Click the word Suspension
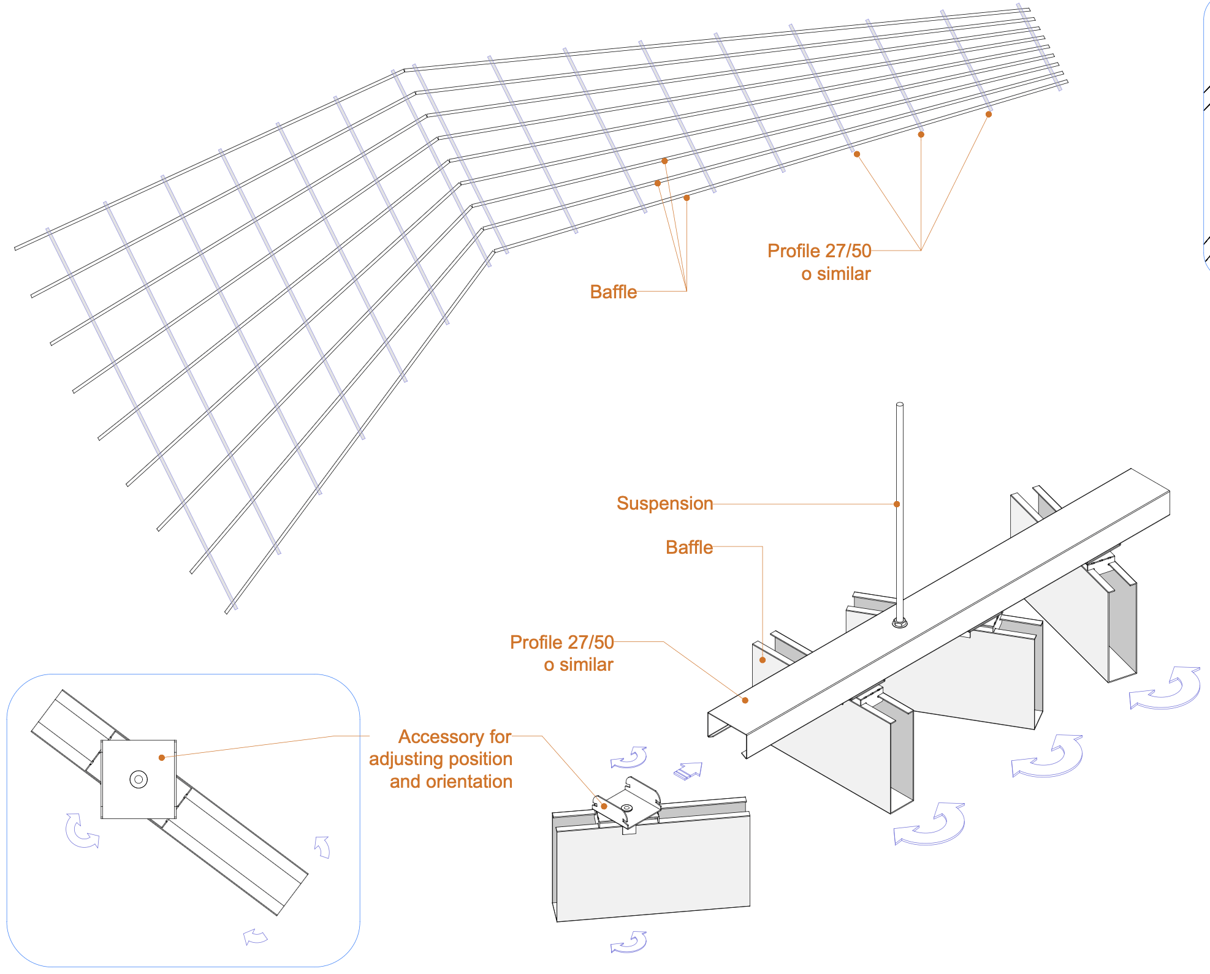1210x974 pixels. (664, 504)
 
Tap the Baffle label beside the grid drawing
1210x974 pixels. (613, 292)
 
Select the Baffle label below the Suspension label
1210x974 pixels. (689, 547)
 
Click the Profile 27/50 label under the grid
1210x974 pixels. (819, 251)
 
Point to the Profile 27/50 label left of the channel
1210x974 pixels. (561, 642)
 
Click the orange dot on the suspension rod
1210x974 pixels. (897, 504)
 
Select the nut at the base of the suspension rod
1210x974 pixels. (899, 623)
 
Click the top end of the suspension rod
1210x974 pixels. (900, 404)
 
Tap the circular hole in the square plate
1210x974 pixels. (139, 779)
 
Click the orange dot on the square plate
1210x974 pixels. (162, 758)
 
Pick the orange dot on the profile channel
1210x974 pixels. (745, 700)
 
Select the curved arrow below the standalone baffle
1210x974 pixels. (629, 942)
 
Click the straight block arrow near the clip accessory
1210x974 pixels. (688, 771)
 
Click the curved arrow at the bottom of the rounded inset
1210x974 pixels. (255, 936)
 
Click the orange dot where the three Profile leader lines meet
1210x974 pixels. (921, 251)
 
